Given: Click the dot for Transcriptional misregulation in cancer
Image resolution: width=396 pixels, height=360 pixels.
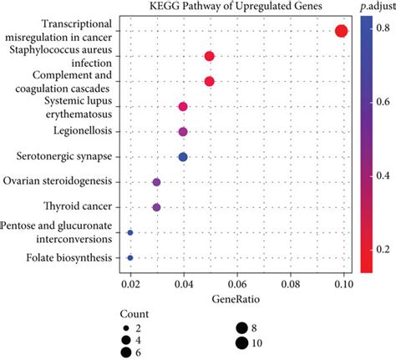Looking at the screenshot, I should [341, 31].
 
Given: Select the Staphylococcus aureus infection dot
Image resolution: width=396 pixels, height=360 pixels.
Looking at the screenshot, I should [210, 56].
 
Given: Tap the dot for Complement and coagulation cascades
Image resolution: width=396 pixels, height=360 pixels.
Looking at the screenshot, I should [210, 81].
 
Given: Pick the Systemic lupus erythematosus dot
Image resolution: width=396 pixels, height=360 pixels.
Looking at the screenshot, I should [183, 106].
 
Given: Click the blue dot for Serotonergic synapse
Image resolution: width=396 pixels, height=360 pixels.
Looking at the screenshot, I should [183, 156].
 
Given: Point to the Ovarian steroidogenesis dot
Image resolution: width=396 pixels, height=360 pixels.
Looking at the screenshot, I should [156, 181].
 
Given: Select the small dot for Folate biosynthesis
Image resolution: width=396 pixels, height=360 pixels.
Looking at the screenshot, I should [129, 258].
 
